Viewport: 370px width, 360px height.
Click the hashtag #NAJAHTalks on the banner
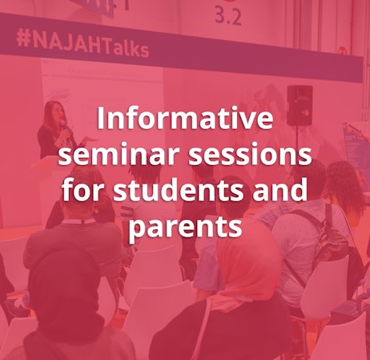82,46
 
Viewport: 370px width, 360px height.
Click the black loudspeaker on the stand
299,104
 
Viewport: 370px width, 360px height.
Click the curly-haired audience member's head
345,180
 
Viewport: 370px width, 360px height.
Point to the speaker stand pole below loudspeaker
299,144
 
